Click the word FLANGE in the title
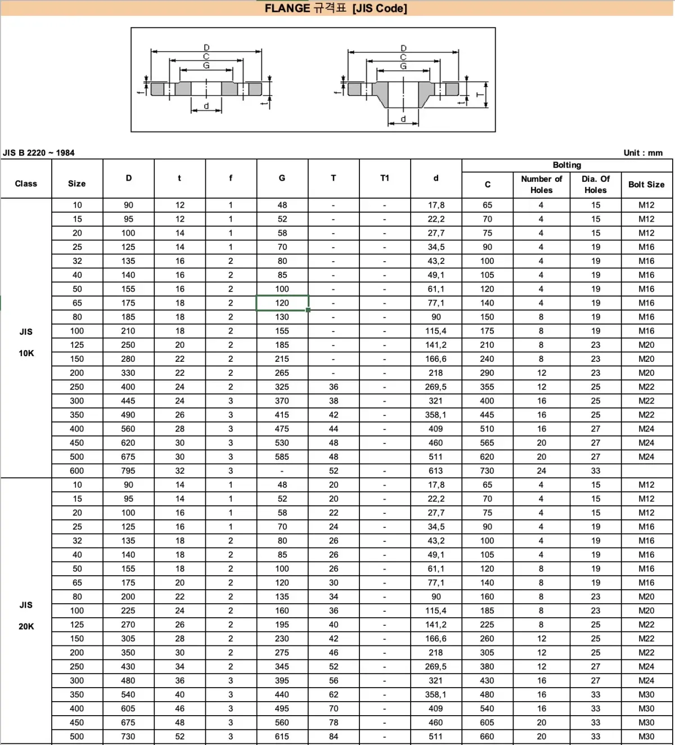click(x=287, y=8)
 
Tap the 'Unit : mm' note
click(x=643, y=152)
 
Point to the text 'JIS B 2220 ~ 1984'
click(x=38, y=152)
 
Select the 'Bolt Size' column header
click(x=646, y=185)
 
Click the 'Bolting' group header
click(x=566, y=165)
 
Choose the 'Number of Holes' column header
click(x=541, y=185)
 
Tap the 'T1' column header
click(x=385, y=178)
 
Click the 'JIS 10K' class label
click(x=26, y=342)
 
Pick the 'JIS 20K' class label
click(x=26, y=616)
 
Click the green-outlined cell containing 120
click(x=282, y=303)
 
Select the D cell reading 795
click(x=128, y=471)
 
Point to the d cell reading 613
click(x=435, y=471)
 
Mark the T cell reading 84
click(x=334, y=737)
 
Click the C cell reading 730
click(x=487, y=471)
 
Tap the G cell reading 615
click(x=282, y=737)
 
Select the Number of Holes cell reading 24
click(x=541, y=471)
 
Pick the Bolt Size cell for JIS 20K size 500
click(x=646, y=737)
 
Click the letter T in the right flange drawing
click(x=480, y=95)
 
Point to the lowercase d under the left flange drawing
click(x=206, y=106)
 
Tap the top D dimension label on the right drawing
click(x=403, y=48)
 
